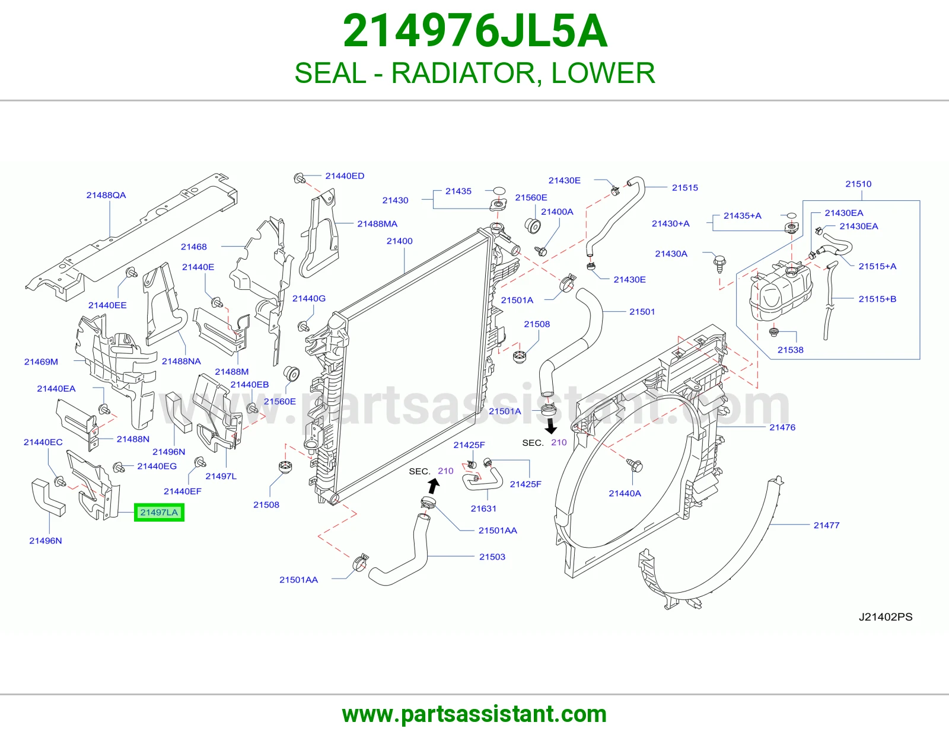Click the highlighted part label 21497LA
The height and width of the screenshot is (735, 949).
point(159,512)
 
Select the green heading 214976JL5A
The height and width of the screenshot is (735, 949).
point(474,31)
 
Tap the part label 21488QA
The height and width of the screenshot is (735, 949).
point(106,195)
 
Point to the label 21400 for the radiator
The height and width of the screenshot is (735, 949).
point(400,241)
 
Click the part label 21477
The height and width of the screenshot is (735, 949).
point(826,525)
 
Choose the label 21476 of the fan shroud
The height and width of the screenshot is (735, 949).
point(782,427)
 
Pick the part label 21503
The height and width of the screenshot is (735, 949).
point(492,557)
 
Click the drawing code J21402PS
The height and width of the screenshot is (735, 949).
point(886,616)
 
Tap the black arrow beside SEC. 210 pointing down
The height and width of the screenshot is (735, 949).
point(551,426)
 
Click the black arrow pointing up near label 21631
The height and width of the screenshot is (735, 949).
point(434,486)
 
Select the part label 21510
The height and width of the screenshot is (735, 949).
point(858,184)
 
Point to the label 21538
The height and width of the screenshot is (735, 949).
point(791,350)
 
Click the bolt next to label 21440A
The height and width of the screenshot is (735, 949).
point(635,465)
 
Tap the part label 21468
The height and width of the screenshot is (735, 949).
point(194,247)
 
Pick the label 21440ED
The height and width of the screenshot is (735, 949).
point(345,176)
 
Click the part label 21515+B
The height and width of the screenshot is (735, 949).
point(877,299)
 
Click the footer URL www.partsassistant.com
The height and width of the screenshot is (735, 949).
point(474,714)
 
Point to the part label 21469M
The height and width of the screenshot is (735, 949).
point(41,362)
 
